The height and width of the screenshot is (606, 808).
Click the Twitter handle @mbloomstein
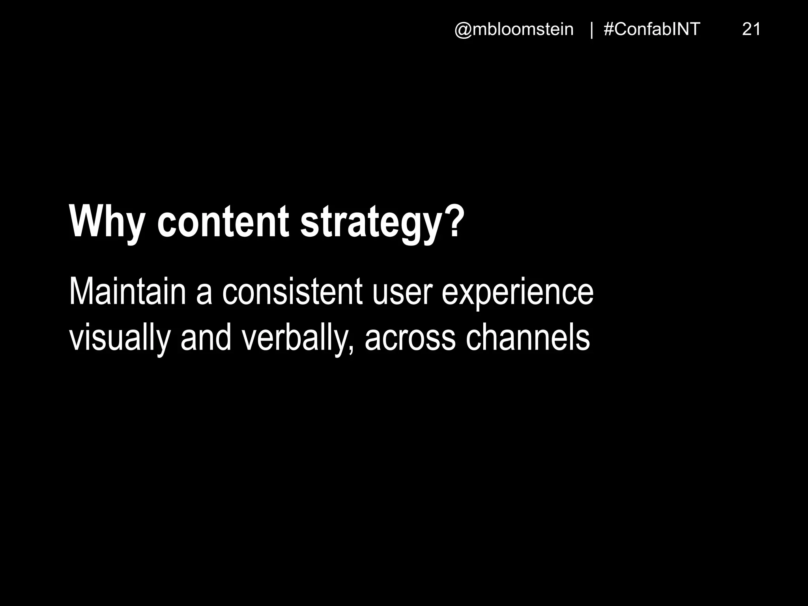514,30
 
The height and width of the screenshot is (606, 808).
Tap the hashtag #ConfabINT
652,30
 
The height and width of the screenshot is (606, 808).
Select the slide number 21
751,30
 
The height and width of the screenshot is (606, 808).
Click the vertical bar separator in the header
591,30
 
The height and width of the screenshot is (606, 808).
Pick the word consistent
292,292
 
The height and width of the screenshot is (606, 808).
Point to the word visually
120,339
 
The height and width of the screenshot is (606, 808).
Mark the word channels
527,339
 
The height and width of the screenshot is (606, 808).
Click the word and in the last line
206,339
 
